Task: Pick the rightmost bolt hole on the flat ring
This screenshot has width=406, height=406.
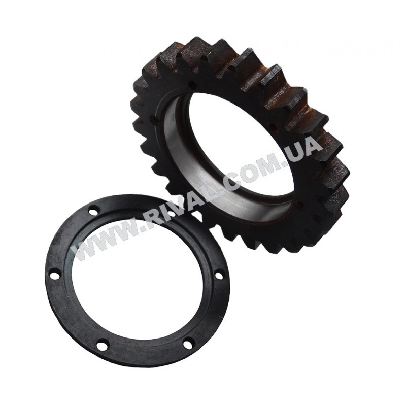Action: [219, 276]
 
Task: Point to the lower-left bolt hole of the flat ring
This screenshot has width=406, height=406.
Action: [100, 345]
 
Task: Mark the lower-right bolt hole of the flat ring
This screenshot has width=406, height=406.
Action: [187, 344]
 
